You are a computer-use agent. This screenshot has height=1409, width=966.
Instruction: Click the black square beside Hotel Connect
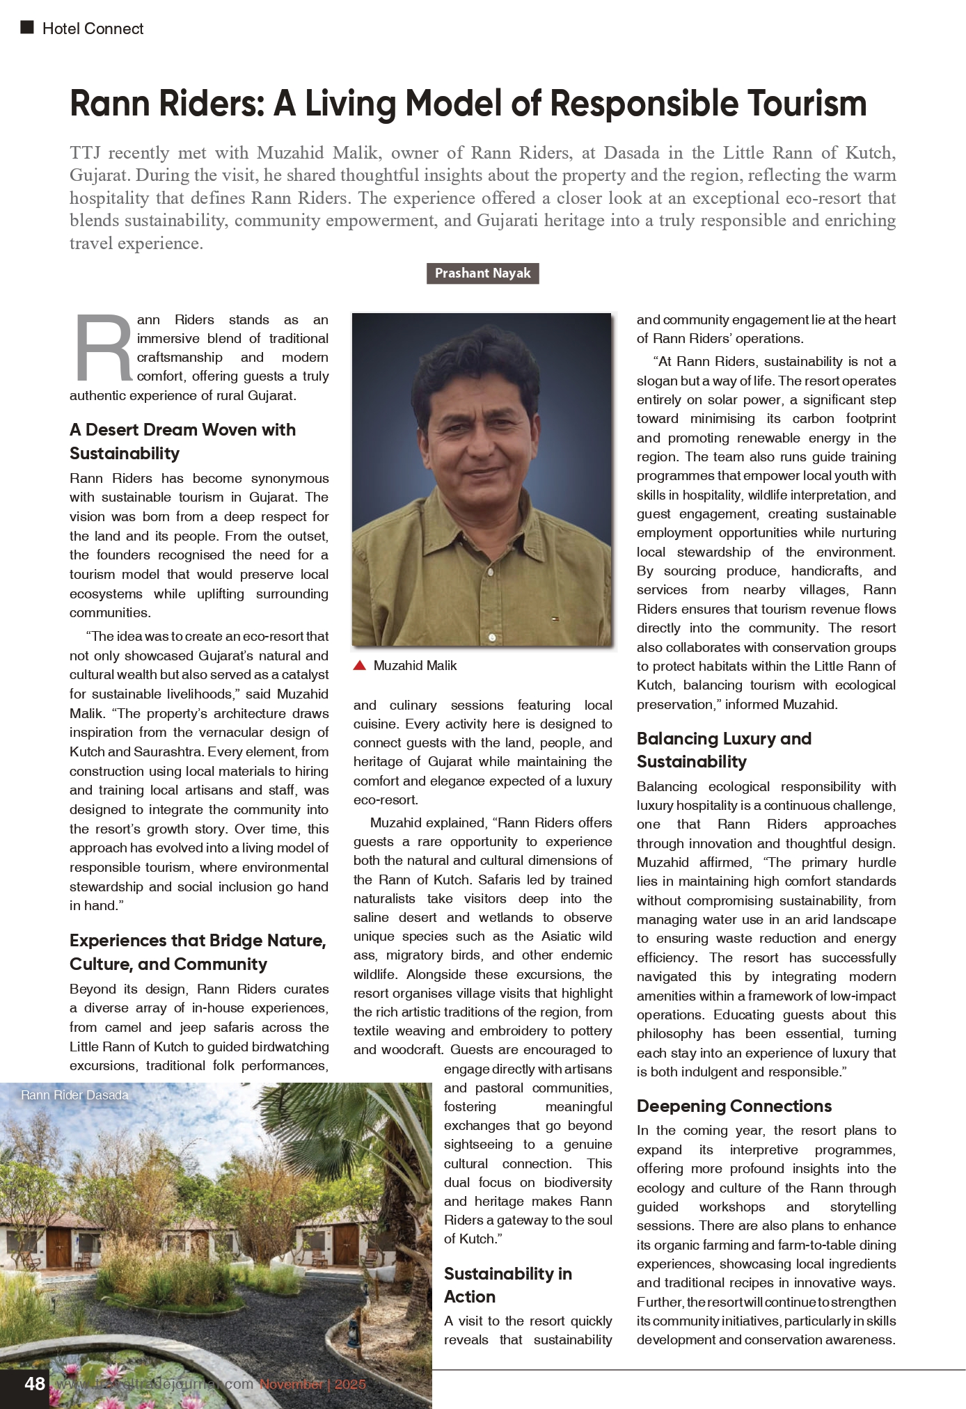click(27, 28)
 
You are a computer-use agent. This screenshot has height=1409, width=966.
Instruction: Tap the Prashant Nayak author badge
click(482, 273)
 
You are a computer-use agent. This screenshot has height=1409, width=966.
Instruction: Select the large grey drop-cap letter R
click(104, 349)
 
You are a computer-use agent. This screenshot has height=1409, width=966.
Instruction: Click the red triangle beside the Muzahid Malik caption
click(360, 666)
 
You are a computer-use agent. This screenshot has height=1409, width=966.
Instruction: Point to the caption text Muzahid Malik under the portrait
click(415, 666)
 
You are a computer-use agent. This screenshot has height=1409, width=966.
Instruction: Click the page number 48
click(35, 1383)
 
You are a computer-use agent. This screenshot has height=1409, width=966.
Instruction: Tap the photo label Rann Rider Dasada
click(74, 1095)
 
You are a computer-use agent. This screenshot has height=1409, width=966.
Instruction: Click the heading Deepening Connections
click(734, 1106)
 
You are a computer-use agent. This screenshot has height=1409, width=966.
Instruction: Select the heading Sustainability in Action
click(507, 1284)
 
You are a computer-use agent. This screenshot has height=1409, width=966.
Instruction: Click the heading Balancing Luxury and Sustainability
click(724, 749)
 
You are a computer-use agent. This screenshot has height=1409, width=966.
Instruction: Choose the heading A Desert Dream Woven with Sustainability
click(182, 441)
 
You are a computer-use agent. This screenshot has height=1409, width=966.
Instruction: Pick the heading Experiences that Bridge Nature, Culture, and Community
click(198, 952)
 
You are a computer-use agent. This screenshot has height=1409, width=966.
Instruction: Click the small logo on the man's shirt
click(554, 616)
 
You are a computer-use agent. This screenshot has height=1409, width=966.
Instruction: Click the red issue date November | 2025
click(312, 1384)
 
